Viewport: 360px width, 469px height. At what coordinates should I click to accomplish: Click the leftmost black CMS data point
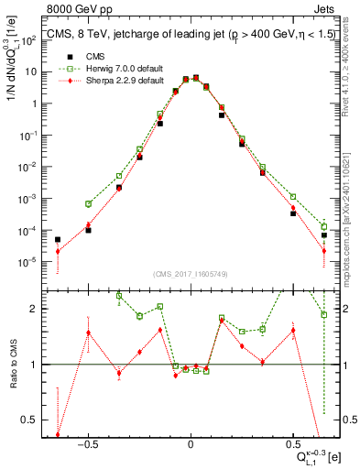pyautogui.click(x=58, y=240)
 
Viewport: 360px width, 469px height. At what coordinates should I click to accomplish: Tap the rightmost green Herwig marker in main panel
pyautogui.click(x=324, y=226)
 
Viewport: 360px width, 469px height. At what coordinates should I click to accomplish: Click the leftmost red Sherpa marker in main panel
pyautogui.click(x=58, y=251)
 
